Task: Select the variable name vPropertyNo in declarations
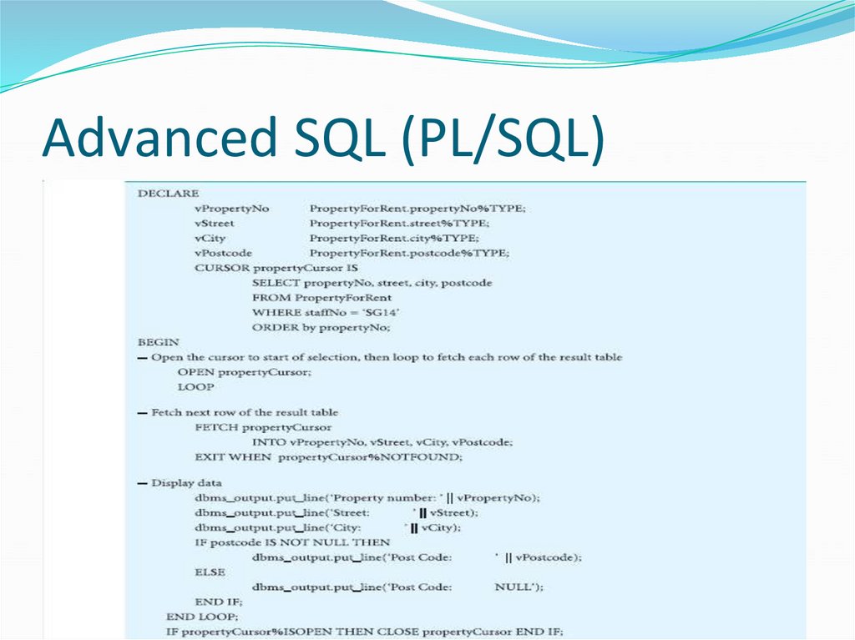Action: [x=232, y=209]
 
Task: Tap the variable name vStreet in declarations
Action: [x=215, y=224]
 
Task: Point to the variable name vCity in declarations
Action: [x=210, y=239]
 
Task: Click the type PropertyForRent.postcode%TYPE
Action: [x=409, y=253]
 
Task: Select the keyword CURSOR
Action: [x=220, y=268]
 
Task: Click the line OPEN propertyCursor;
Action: [x=245, y=372]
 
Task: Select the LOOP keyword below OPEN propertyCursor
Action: [x=195, y=387]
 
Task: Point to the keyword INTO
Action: [x=268, y=442]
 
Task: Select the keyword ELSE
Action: [x=210, y=572]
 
